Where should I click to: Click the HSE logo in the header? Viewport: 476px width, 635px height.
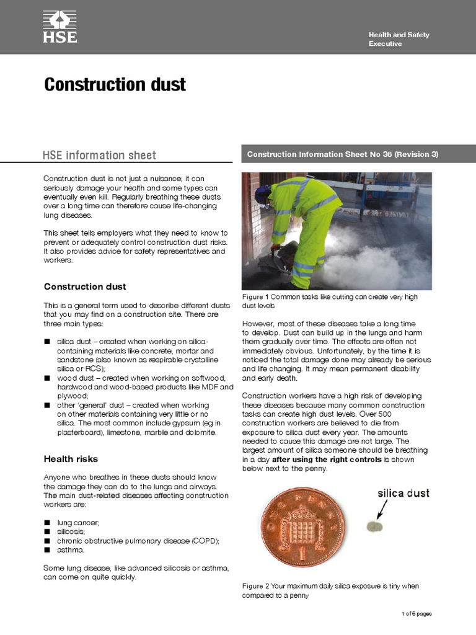click(59, 27)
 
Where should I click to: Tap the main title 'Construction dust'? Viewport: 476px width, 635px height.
click(115, 84)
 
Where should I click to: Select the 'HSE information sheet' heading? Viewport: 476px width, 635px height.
click(99, 155)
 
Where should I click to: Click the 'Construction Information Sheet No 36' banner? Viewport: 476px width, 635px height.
click(342, 154)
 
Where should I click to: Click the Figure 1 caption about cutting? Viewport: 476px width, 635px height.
click(330, 301)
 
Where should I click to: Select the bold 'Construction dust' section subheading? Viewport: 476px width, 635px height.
click(85, 286)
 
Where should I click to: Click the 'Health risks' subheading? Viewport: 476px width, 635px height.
click(71, 459)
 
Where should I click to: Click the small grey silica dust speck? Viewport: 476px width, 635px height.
click(376, 526)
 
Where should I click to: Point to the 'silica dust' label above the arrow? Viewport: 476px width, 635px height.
click(403, 494)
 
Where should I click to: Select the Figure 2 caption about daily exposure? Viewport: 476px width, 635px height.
click(330, 590)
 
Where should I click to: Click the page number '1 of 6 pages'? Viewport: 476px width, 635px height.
click(416, 614)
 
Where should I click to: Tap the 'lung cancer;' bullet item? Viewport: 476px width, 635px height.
click(77, 523)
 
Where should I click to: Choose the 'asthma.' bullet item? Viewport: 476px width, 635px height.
click(71, 549)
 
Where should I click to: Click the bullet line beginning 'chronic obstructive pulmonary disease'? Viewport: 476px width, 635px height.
click(138, 541)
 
